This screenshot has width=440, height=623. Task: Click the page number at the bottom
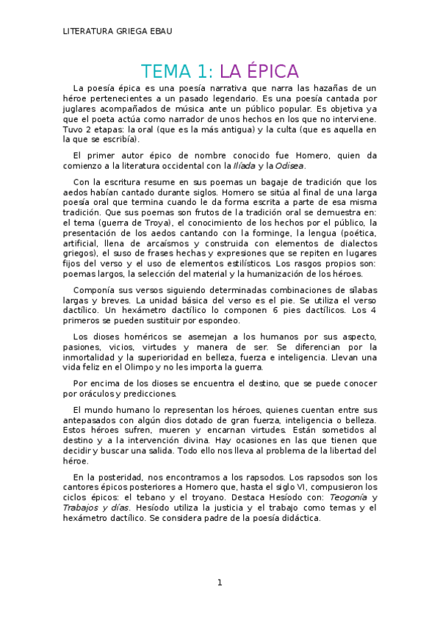(219, 583)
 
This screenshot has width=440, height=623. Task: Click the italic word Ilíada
(243, 166)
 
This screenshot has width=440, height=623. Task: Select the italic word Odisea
(289, 166)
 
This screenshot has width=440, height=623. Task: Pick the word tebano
(135, 497)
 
